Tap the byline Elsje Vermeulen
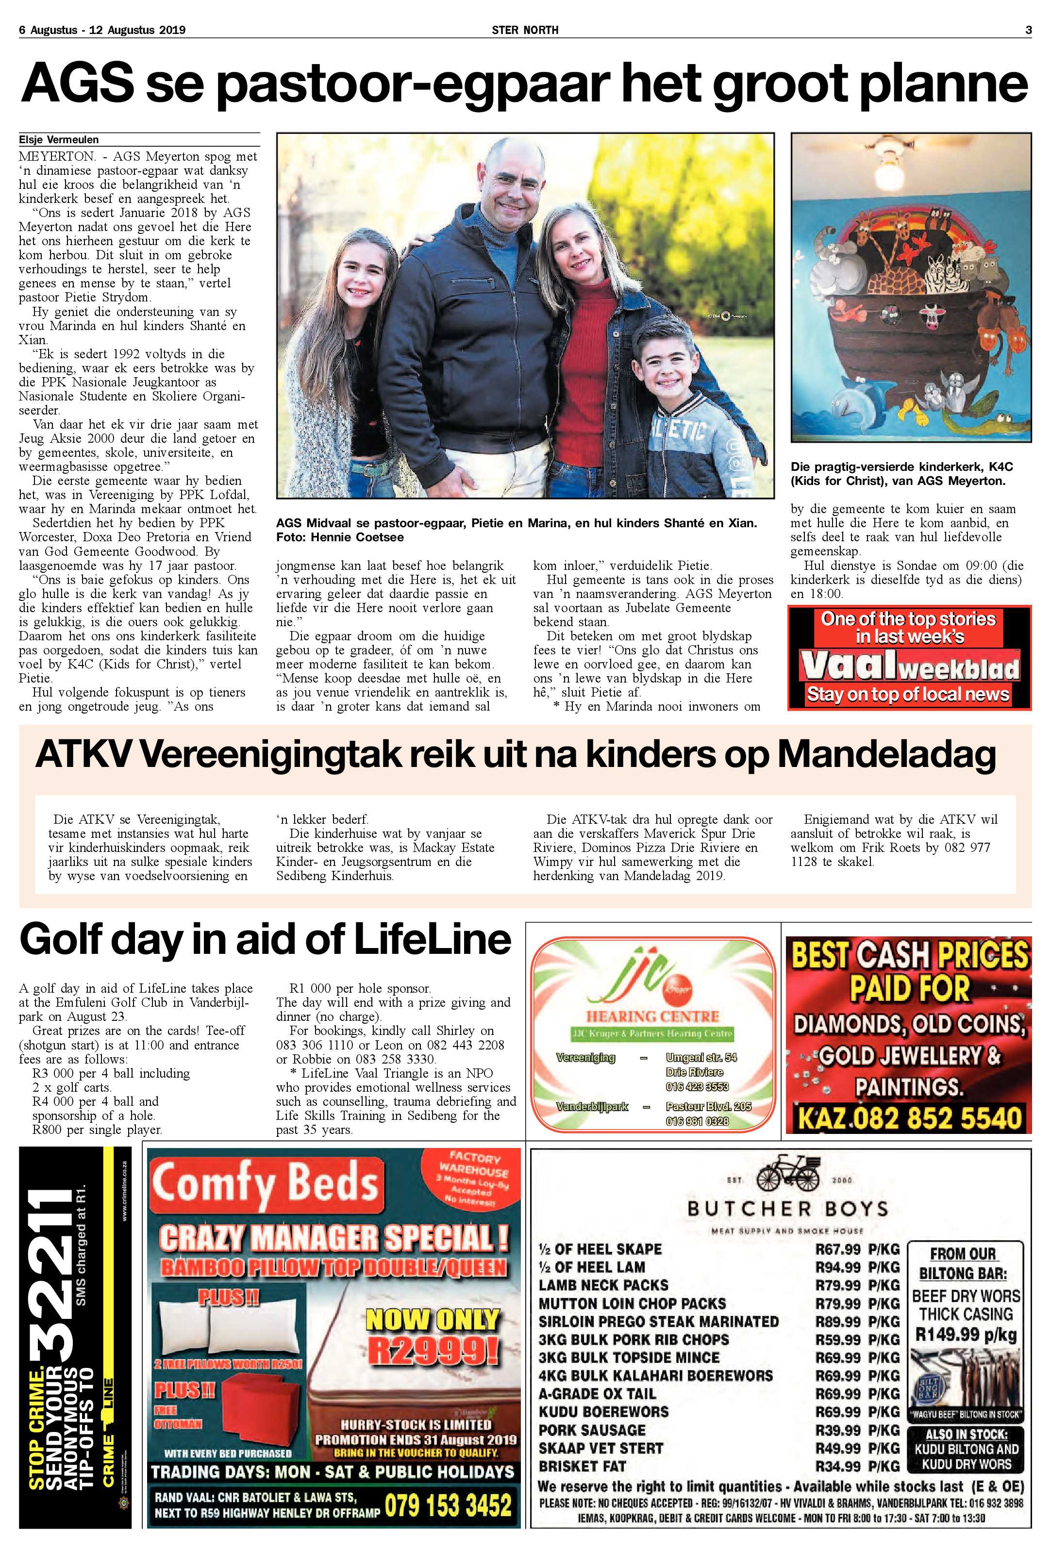tap(59, 140)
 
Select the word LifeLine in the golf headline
tap(432, 939)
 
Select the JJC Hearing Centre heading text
tap(652, 1016)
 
